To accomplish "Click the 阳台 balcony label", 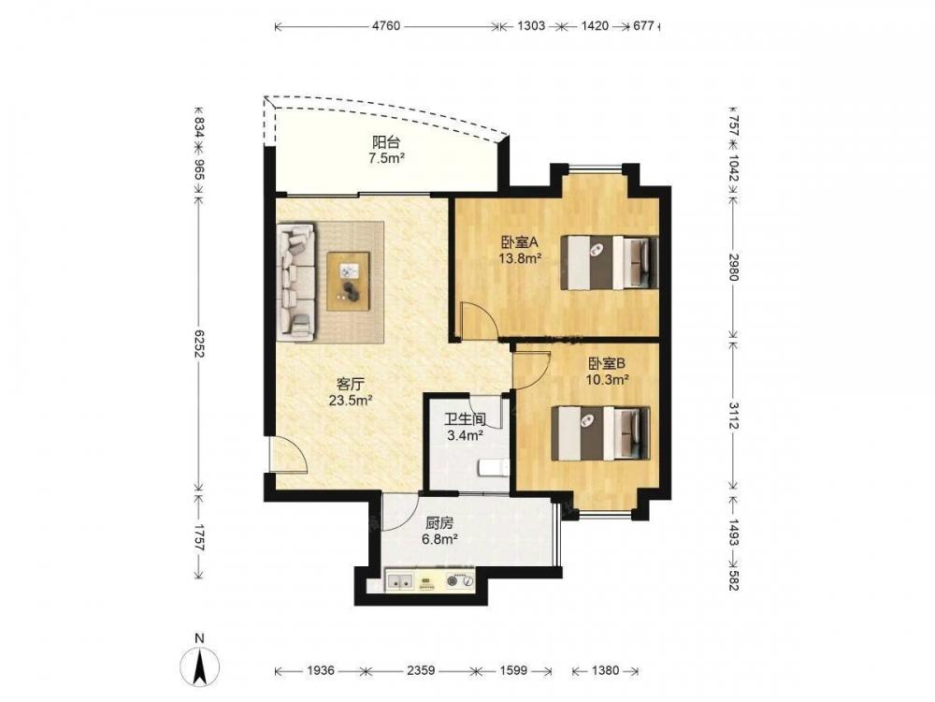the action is (386, 142).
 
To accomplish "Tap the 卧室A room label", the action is (520, 242).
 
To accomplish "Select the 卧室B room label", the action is (607, 363).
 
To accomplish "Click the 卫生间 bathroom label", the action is (465, 419).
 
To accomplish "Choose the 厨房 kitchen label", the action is (439, 523).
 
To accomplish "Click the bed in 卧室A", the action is (610, 263).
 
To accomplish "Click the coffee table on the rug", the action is (348, 281).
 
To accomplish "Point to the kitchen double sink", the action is (399, 579).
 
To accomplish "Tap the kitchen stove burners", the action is (460, 579).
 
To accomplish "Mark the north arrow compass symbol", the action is (200, 665).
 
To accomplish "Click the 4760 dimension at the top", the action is (386, 25).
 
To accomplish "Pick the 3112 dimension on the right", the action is (733, 415).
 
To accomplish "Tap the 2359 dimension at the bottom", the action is (421, 670).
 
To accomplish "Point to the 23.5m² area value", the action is (351, 400).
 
